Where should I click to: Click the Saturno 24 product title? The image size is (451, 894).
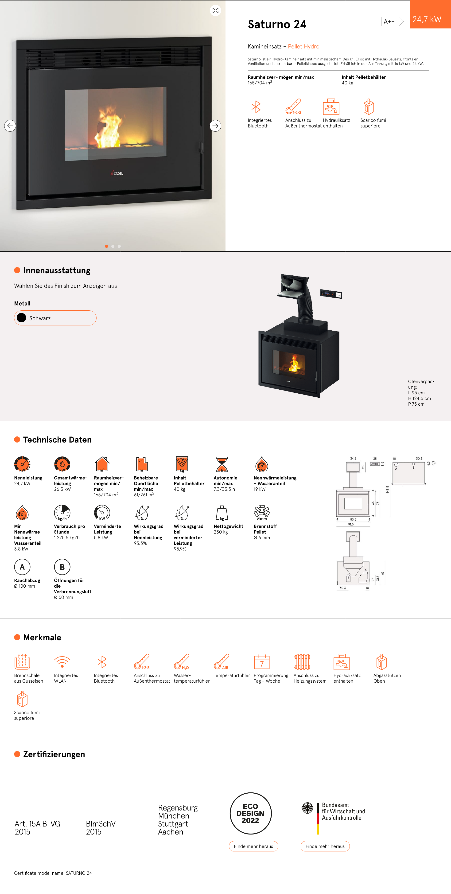pos(277,24)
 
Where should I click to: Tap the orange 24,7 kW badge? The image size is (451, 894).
pos(430,15)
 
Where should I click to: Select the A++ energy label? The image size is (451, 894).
pos(392,22)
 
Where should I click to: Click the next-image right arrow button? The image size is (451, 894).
pos(215,126)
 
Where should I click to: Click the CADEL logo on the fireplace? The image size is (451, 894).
pos(117,173)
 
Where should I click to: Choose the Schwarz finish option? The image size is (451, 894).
pos(55,318)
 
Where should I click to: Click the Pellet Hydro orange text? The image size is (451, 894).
pos(304,47)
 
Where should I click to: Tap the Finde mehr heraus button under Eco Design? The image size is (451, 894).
pos(253,846)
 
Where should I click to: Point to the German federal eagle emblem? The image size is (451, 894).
pos(307,808)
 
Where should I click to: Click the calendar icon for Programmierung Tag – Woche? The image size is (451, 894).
pos(262,662)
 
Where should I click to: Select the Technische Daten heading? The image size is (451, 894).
pos(58,440)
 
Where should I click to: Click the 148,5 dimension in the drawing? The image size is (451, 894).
pos(388,489)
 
